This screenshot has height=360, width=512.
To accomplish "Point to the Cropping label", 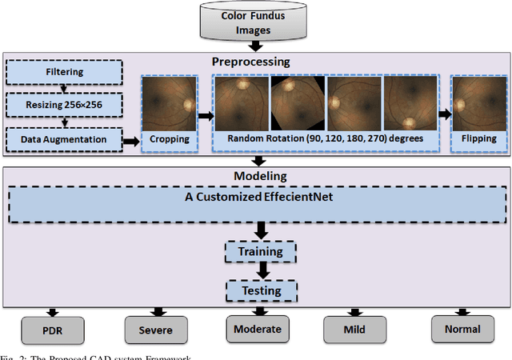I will click(x=170, y=139).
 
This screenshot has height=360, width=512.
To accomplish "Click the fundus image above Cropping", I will click(x=170, y=101).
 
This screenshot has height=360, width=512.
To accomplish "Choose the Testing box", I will click(x=262, y=290).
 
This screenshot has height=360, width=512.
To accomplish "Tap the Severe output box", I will click(x=155, y=329).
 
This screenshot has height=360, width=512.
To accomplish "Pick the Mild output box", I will click(x=354, y=329).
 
